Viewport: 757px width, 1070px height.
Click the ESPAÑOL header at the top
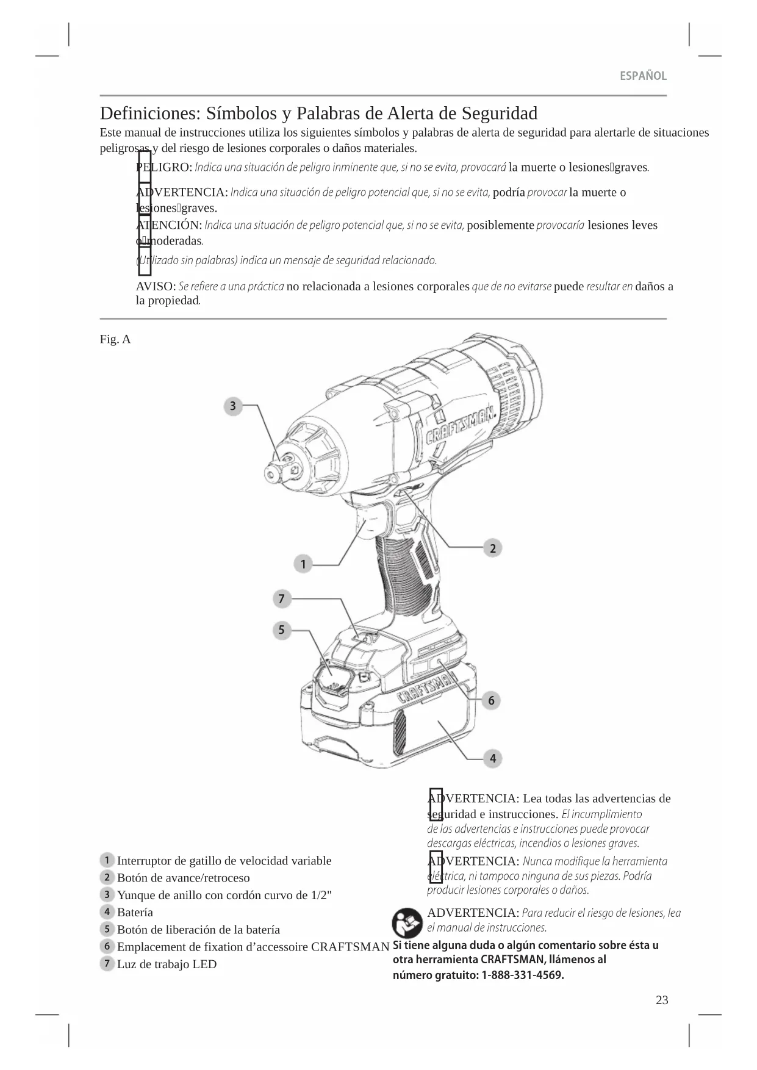pyautogui.click(x=643, y=76)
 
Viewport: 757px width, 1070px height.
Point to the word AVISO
pyautogui.click(x=156, y=286)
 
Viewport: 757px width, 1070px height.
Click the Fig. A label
pyautogui.click(x=115, y=339)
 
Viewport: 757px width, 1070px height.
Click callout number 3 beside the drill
pyautogui.click(x=232, y=406)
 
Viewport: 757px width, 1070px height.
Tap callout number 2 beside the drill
pyautogui.click(x=492, y=548)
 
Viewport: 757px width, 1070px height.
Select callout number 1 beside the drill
pyautogui.click(x=303, y=564)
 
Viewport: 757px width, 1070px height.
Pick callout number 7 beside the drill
pyautogui.click(x=281, y=598)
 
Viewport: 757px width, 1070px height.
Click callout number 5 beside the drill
pyautogui.click(x=281, y=630)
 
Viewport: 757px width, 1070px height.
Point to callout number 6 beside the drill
pyautogui.click(x=491, y=700)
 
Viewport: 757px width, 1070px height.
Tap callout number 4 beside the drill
pyautogui.click(x=492, y=758)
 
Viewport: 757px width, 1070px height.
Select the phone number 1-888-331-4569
pyautogui.click(x=522, y=975)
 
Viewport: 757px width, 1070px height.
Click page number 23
pyautogui.click(x=662, y=1000)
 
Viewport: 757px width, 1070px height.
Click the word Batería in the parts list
pyautogui.click(x=135, y=912)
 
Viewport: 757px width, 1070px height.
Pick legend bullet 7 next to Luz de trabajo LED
pyautogui.click(x=107, y=963)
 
